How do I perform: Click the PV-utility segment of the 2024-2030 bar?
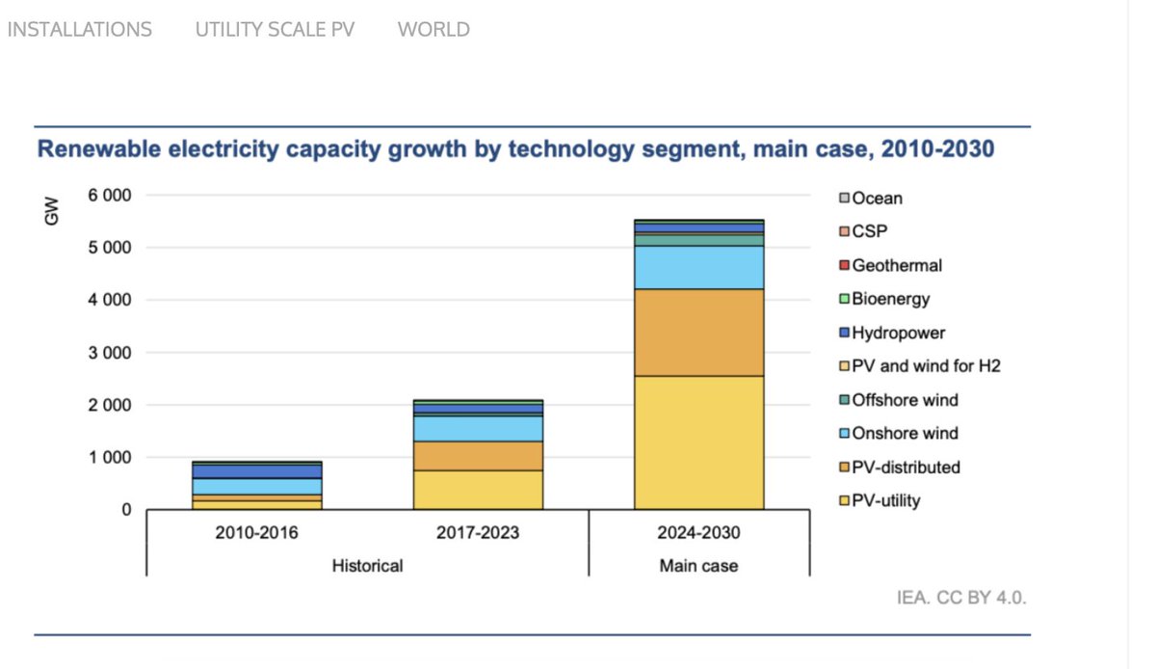698,442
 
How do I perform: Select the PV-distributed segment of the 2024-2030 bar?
698,333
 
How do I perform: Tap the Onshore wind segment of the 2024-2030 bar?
698,267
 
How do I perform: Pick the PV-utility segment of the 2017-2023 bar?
478,490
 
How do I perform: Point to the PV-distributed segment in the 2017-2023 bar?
478,456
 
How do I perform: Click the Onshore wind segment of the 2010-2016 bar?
257,487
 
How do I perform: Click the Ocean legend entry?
877,199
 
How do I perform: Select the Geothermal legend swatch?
844,265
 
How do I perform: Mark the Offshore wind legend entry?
905,400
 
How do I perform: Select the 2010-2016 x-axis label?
257,533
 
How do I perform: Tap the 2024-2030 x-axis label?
698,533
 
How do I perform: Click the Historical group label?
366,566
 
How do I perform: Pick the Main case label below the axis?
698,566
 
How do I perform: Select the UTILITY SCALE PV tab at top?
275,30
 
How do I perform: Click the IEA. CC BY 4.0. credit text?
961,598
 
